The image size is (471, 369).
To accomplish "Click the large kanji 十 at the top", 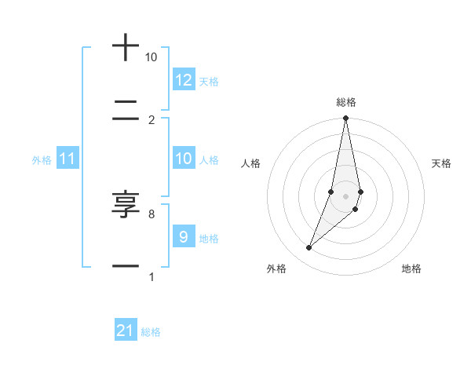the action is (x=126, y=47).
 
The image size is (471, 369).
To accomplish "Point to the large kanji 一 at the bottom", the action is (x=126, y=266).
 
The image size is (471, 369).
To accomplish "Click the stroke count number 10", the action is (x=151, y=57).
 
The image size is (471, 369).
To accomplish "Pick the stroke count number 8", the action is (x=151, y=214).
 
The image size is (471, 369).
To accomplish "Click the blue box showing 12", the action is (x=184, y=80).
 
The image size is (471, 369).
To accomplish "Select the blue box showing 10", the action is (x=184, y=159).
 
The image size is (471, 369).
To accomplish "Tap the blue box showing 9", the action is (x=184, y=237).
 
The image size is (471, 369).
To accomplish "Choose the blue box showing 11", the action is (x=68, y=159).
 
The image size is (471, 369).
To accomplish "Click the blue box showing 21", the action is (x=126, y=331).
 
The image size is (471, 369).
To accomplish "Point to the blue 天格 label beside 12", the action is (x=209, y=81).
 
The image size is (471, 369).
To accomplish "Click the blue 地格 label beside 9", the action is (x=209, y=238).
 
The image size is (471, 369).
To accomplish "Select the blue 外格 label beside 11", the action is (x=42, y=159).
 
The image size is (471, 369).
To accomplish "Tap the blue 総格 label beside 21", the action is (x=151, y=331).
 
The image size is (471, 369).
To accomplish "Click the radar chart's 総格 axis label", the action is (x=346, y=102).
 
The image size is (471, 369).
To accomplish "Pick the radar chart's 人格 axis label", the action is (x=250, y=163).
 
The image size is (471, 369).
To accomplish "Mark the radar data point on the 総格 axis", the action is (x=345, y=119).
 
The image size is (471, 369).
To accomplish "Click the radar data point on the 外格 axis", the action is (x=309, y=248).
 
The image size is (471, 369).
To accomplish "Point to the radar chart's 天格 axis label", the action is (x=442, y=163).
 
